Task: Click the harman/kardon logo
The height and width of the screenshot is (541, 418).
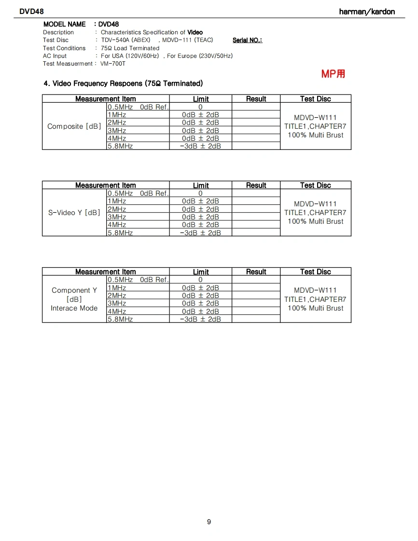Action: (367, 12)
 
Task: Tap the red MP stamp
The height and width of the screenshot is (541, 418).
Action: (333, 74)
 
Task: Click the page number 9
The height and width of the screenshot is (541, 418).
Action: (209, 522)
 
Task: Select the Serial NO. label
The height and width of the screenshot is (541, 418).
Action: (247, 40)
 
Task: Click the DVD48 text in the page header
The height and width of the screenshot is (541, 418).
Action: (31, 12)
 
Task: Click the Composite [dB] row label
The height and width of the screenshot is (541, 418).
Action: (74, 126)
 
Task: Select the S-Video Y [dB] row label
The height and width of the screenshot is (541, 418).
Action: (74, 213)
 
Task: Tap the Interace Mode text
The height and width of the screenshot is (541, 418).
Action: (74, 308)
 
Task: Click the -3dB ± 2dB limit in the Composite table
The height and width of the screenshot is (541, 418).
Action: (200, 146)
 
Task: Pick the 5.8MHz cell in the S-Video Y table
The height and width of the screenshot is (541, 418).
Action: (120, 232)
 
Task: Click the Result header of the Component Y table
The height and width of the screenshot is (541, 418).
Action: (256, 272)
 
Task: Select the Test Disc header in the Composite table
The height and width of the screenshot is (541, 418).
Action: (315, 99)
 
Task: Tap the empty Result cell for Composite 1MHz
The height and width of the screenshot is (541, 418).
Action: (256, 115)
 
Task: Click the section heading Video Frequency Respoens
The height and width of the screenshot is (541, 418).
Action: (123, 83)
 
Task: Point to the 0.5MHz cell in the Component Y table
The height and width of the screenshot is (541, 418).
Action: (120, 280)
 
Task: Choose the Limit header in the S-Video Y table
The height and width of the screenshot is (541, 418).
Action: (200, 186)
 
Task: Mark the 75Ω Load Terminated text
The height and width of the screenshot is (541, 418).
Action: (130, 48)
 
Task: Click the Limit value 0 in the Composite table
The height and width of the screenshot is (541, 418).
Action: (200, 107)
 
